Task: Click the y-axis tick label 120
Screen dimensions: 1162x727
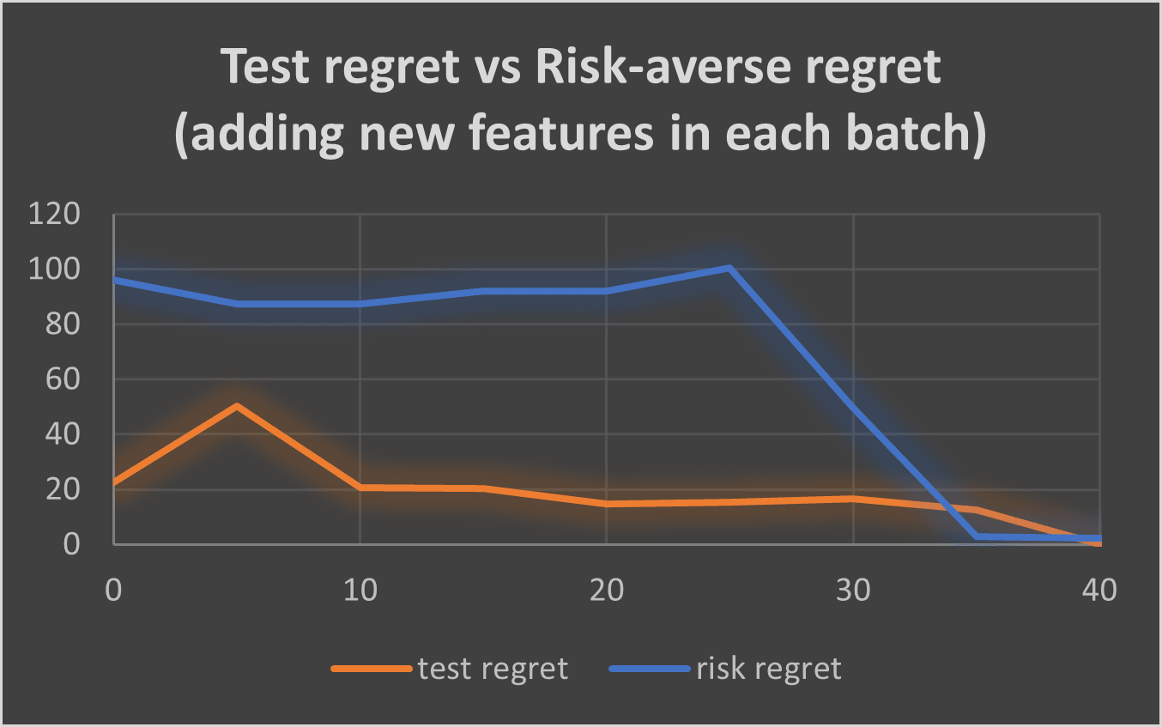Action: (54, 214)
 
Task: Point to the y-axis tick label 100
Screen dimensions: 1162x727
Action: (54, 269)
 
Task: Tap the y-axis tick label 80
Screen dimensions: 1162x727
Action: (63, 324)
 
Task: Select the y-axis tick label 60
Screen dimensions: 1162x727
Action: (63, 379)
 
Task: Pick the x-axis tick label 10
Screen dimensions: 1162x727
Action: (360, 590)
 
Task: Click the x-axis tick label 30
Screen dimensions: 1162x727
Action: (853, 590)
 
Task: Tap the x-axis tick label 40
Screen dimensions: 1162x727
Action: (1099, 590)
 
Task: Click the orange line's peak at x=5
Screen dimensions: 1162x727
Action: (237, 406)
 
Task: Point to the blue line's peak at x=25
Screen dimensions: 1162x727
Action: (729, 268)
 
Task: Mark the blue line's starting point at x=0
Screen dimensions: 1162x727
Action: (114, 280)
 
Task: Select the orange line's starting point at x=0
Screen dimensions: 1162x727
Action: (114, 482)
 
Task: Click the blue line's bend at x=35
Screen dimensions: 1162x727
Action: (977, 536)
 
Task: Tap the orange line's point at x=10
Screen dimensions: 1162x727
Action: (360, 488)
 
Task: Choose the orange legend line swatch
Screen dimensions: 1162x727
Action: (372, 669)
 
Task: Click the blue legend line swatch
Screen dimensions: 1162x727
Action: (650, 669)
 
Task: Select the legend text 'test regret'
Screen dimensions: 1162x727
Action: (493, 669)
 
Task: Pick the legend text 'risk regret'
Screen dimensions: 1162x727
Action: (769, 669)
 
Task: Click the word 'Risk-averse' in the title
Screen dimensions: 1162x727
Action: (662, 67)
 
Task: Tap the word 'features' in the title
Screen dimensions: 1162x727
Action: (560, 133)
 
